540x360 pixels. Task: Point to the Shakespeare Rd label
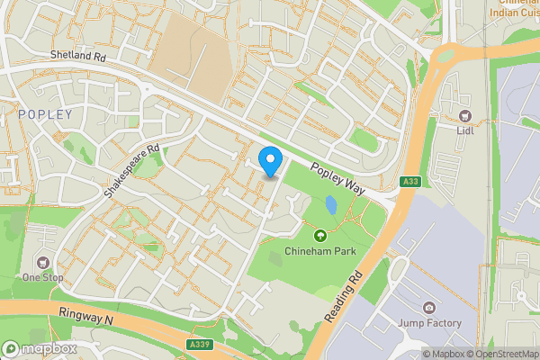coord(131,171)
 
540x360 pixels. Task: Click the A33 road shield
coord(411,182)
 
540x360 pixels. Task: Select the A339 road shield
coord(201,344)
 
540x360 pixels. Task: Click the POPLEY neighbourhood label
coord(40,114)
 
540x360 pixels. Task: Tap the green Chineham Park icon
coord(319,236)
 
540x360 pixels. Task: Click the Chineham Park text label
coord(319,250)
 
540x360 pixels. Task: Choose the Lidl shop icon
coord(465,116)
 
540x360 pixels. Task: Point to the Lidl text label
coord(465,130)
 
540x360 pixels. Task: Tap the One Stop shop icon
coord(43,261)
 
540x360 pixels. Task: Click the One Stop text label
coord(43,276)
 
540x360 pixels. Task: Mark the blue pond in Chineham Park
coord(331,206)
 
